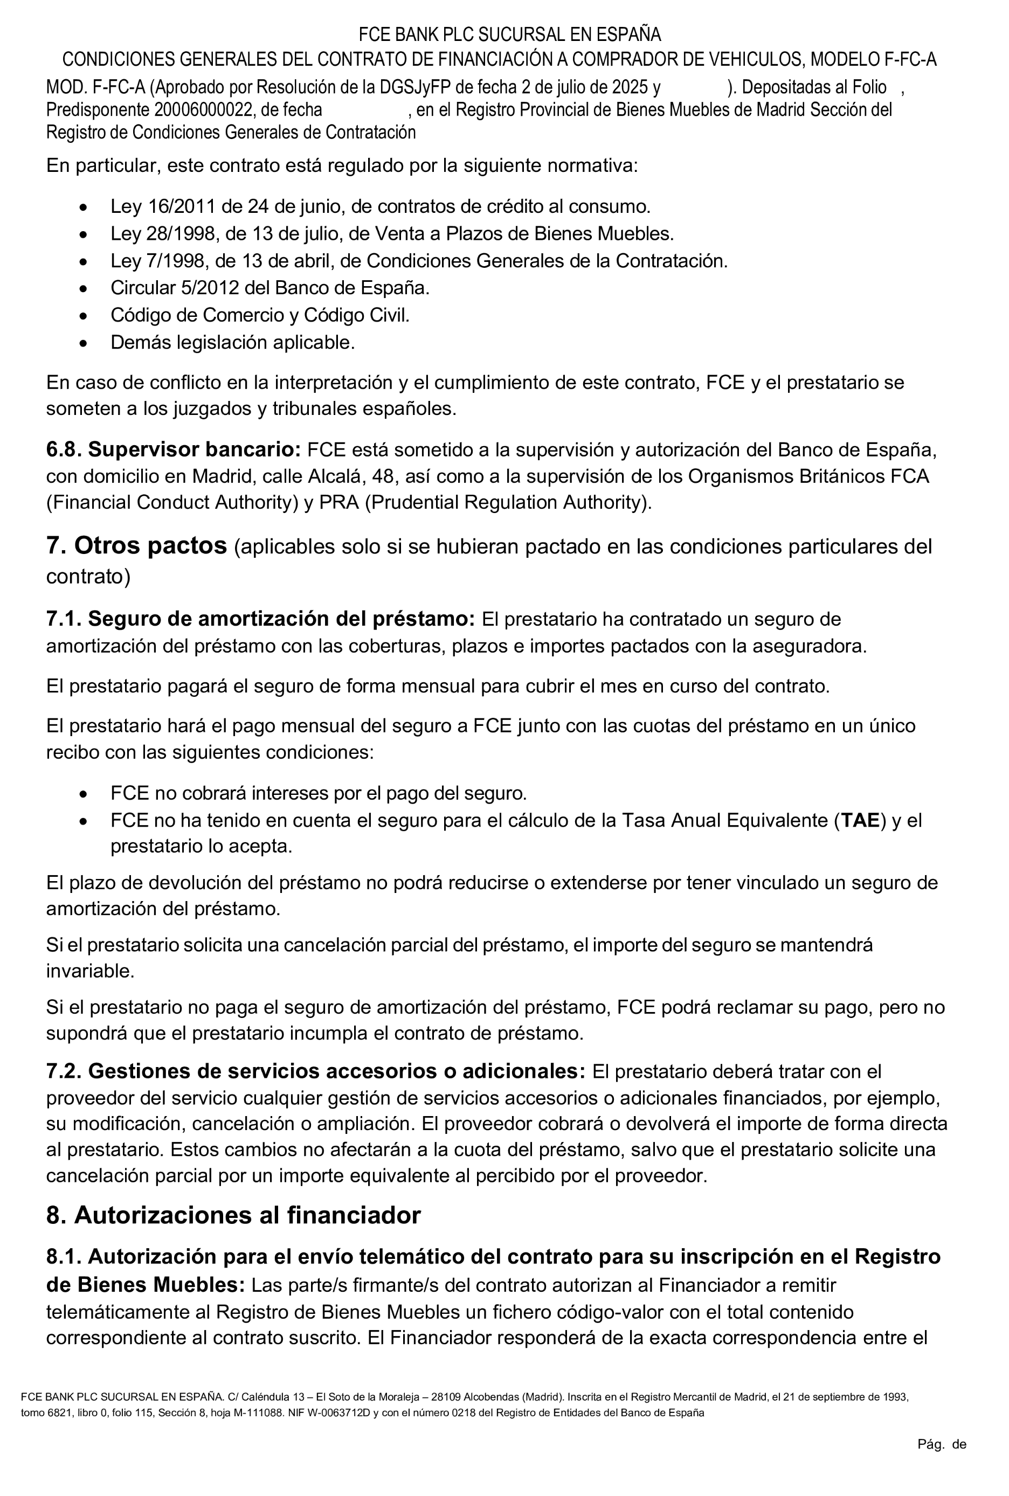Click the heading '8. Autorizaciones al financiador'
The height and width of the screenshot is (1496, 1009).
[233, 1215]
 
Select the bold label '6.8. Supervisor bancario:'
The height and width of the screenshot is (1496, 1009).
[173, 449]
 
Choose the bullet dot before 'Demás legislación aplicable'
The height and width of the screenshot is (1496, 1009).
[83, 343]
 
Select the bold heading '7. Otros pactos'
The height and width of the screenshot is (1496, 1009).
[136, 545]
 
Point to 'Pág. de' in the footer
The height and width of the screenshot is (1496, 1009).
[942, 1444]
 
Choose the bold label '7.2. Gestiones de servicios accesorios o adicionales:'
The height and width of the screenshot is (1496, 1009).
[315, 1071]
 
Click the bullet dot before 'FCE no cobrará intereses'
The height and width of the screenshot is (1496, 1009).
[83, 794]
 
